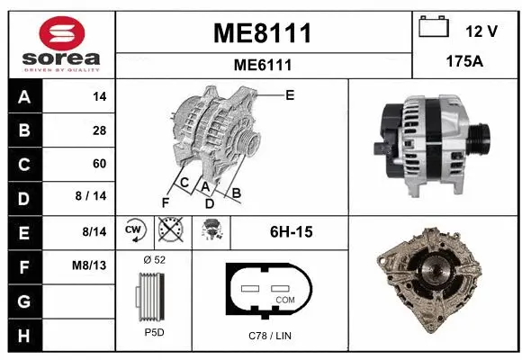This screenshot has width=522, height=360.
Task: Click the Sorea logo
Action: click(x=60, y=41)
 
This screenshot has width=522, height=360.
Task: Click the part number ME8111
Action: click(x=262, y=33)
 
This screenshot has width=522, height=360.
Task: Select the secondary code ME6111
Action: click(x=262, y=65)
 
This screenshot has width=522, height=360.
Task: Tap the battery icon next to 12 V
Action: click(x=434, y=29)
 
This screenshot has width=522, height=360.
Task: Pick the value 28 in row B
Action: click(x=99, y=130)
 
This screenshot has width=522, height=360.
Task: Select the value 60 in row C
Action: click(x=99, y=164)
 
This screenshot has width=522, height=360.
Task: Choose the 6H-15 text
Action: click(x=291, y=232)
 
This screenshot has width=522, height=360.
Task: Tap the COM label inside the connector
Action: click(x=285, y=299)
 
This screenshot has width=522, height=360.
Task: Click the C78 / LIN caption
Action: click(x=270, y=336)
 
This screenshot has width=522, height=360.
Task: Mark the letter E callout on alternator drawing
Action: click(x=290, y=94)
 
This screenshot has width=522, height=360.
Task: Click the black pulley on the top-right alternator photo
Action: click(x=480, y=138)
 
